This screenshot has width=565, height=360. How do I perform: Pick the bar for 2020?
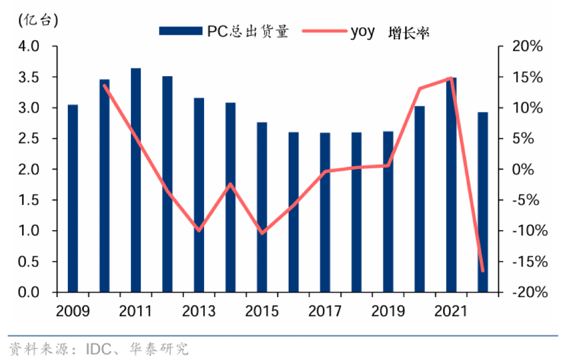click(x=419, y=199)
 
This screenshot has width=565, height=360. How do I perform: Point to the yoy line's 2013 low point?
click(x=199, y=230)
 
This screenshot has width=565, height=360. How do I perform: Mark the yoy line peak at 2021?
click(x=451, y=78)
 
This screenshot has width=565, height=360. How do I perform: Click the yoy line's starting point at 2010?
click(x=104, y=86)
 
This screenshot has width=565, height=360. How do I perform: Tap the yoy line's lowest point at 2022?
click(x=483, y=271)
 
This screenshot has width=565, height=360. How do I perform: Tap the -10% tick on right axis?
click(x=529, y=231)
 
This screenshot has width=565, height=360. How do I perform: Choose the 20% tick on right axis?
click(x=529, y=46)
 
